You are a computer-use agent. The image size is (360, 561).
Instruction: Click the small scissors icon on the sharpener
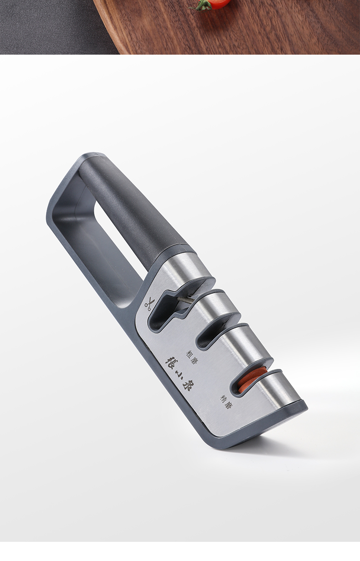click(x=148, y=304)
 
